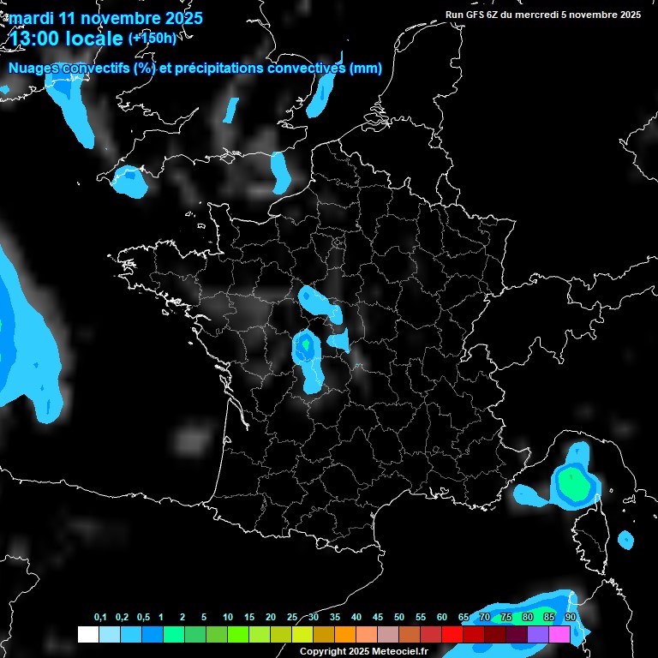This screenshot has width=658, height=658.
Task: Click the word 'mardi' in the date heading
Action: tap(31, 18)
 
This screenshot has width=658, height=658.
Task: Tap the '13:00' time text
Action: tap(35, 39)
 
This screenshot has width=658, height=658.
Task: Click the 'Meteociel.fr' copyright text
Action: tap(393, 652)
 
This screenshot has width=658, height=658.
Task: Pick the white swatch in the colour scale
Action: tap(87, 634)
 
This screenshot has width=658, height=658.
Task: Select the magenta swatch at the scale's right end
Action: tap(559, 634)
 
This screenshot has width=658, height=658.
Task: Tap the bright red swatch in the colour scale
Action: tap(452, 634)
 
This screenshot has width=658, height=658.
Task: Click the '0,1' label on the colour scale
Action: tap(100, 618)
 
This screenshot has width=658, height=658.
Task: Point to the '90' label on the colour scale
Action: tap(570, 618)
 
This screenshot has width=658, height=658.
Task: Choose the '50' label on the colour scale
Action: tap(399, 618)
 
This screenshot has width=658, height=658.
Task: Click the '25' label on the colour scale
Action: tap(292, 618)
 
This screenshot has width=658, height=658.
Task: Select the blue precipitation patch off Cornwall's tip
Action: tap(130, 181)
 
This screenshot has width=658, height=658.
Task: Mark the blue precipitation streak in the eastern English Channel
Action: tap(280, 171)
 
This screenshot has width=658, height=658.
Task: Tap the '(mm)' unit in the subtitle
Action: tap(366, 69)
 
